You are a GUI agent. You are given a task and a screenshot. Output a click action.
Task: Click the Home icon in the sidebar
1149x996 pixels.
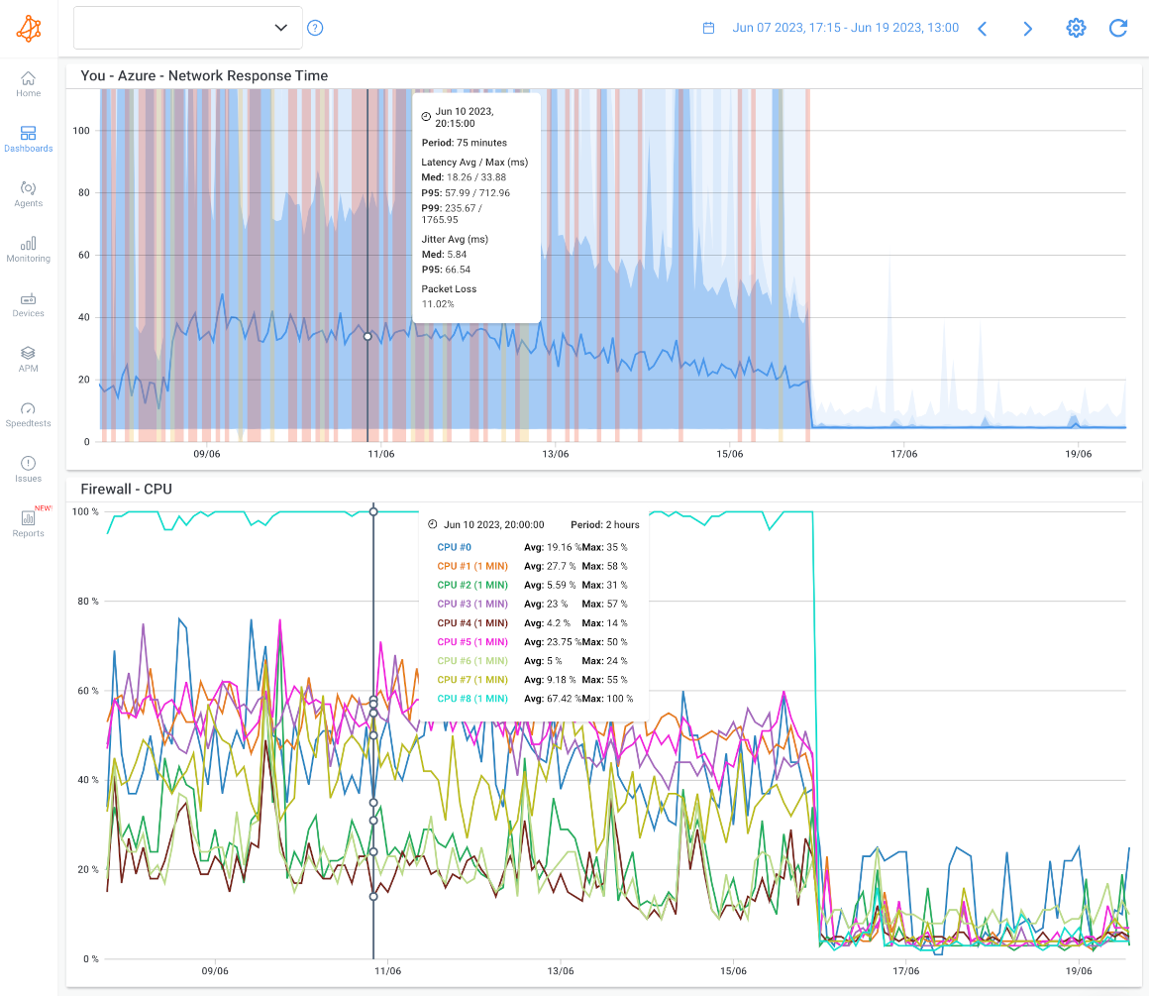[28, 78]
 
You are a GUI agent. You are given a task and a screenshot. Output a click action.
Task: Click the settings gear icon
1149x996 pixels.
[1076, 28]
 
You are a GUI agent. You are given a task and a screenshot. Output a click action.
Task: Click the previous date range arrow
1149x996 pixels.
[983, 29]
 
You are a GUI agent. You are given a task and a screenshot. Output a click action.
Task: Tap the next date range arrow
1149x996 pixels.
[1028, 29]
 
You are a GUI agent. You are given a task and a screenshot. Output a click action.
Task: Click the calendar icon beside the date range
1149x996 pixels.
[708, 29]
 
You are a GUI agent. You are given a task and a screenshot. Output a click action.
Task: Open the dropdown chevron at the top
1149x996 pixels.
[280, 28]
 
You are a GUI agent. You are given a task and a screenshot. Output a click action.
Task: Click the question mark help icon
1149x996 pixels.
[315, 28]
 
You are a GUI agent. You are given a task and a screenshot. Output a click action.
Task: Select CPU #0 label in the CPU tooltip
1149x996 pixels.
[455, 547]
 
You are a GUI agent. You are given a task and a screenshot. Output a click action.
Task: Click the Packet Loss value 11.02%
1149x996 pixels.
[438, 303]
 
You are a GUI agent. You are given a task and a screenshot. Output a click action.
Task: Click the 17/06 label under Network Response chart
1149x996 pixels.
[903, 454]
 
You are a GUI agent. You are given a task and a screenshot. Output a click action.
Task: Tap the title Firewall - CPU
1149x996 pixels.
[127, 489]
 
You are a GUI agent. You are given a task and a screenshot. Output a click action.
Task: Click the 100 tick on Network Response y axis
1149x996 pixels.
[83, 130]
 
